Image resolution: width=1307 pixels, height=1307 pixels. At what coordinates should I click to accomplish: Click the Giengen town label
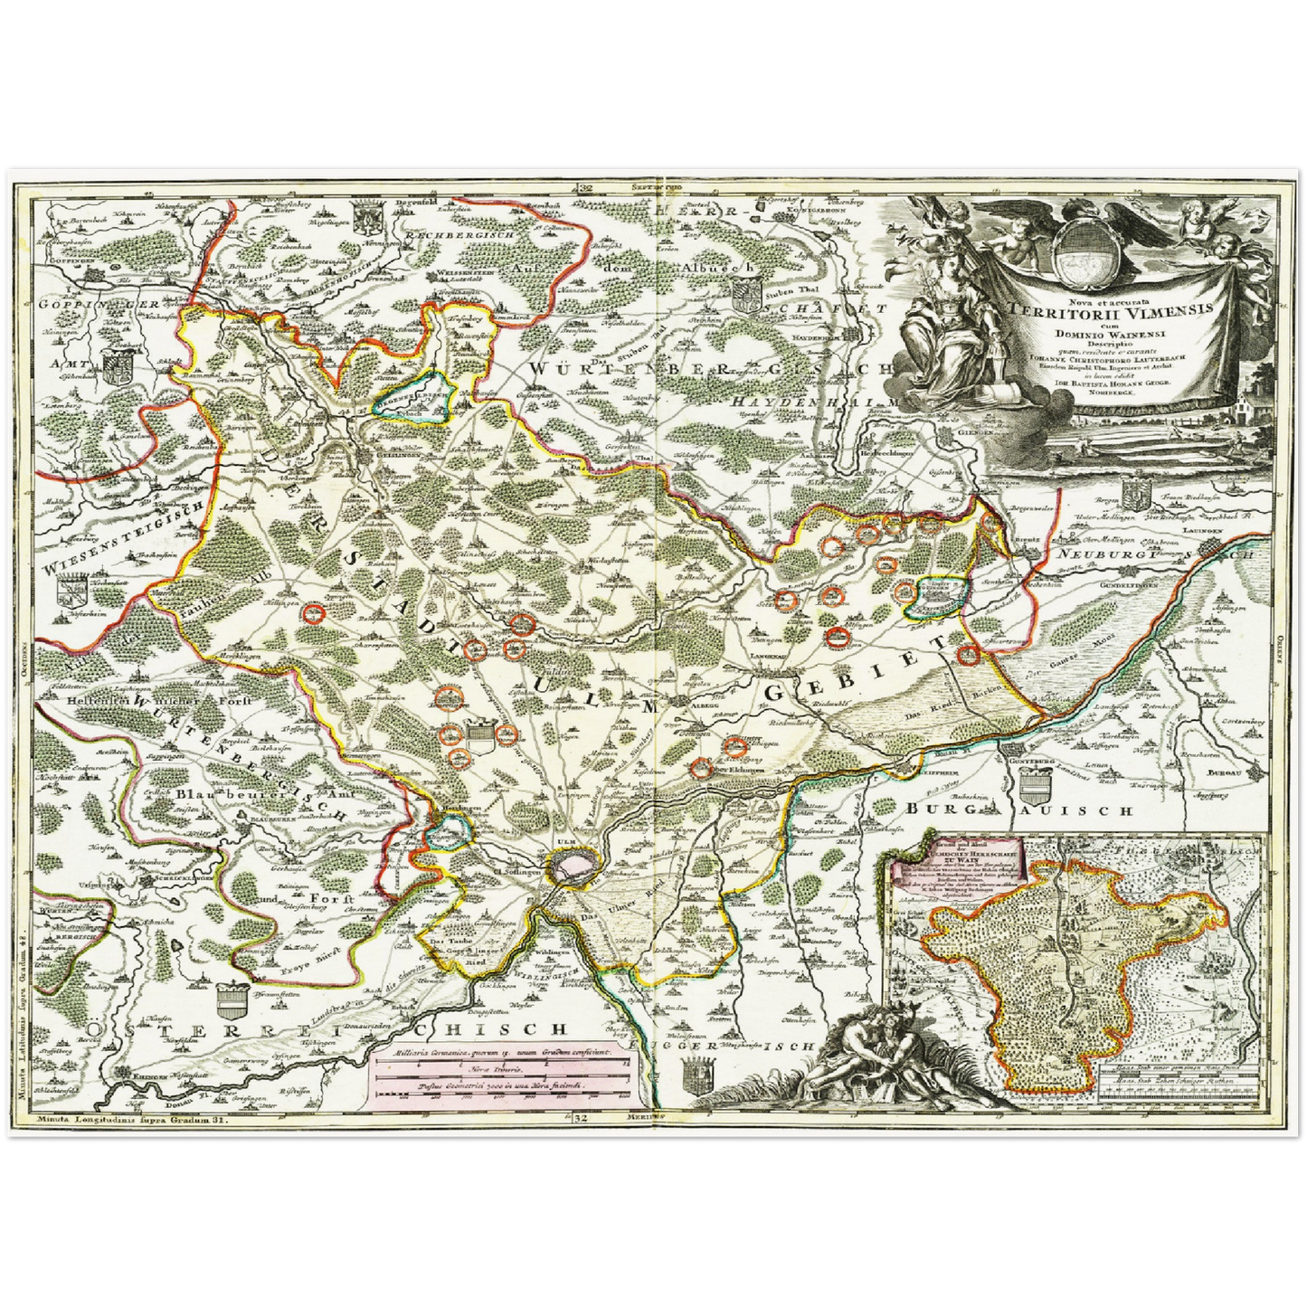click(x=961, y=433)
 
